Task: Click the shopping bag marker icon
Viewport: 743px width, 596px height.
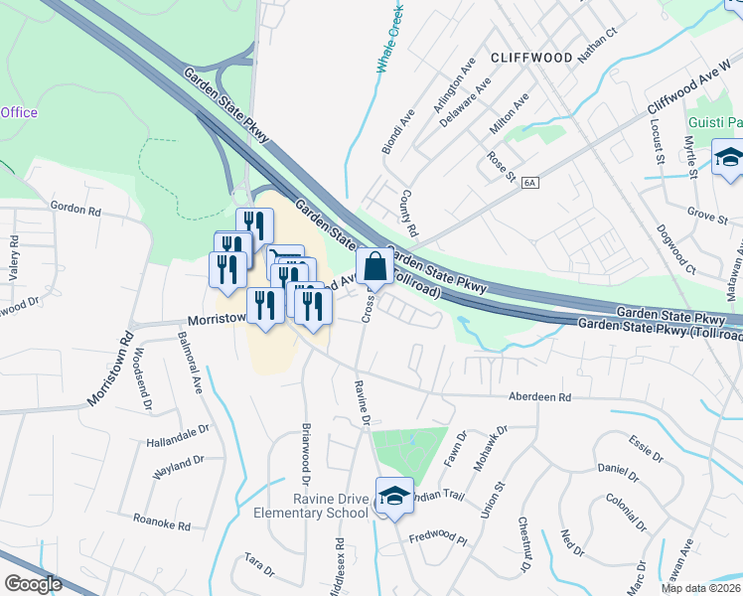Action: (374, 267)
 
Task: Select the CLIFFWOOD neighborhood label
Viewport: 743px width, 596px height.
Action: (529, 58)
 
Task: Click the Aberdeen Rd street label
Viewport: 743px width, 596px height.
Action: (539, 396)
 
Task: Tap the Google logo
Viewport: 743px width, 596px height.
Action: (33, 583)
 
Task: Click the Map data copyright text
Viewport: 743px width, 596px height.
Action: (700, 588)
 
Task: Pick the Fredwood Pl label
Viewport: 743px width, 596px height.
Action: (437, 538)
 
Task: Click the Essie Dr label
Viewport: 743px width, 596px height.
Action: (646, 448)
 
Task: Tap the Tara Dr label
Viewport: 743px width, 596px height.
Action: (259, 564)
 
